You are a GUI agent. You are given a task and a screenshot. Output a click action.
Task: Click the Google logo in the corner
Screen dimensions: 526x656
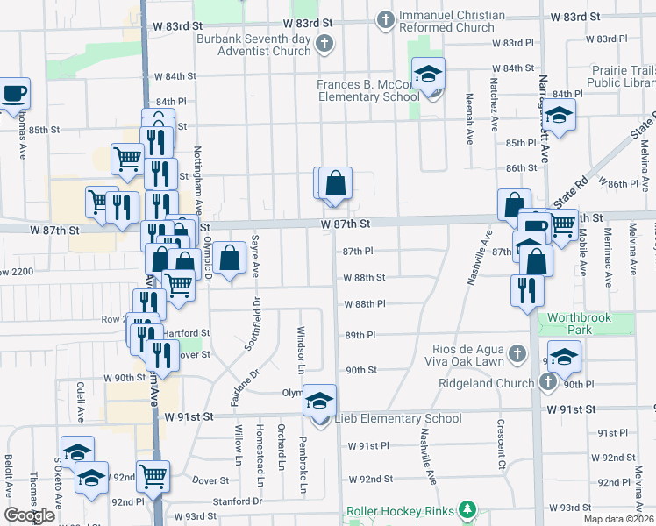pos(30,515)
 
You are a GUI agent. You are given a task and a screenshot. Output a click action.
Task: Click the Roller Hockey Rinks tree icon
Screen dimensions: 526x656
pos(468,509)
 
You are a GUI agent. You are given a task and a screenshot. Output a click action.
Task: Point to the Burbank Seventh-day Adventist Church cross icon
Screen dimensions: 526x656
pos(324,43)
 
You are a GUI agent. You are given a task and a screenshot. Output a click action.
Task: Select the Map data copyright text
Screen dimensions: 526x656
pos(617,519)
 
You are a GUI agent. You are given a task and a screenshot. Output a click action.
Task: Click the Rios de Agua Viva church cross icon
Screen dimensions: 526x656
pos(517,353)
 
